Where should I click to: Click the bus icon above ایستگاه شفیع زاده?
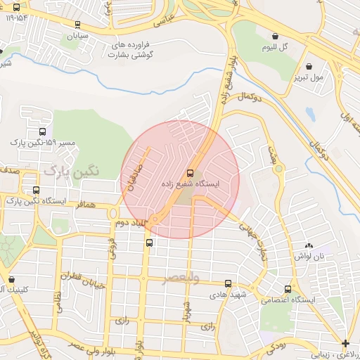point(190,173)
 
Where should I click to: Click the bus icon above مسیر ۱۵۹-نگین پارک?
point(43,131)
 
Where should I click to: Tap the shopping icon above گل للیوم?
point(274,36)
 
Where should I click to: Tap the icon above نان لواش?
point(309,246)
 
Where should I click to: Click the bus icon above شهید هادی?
point(227,283)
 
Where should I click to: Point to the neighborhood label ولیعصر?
point(181,278)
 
